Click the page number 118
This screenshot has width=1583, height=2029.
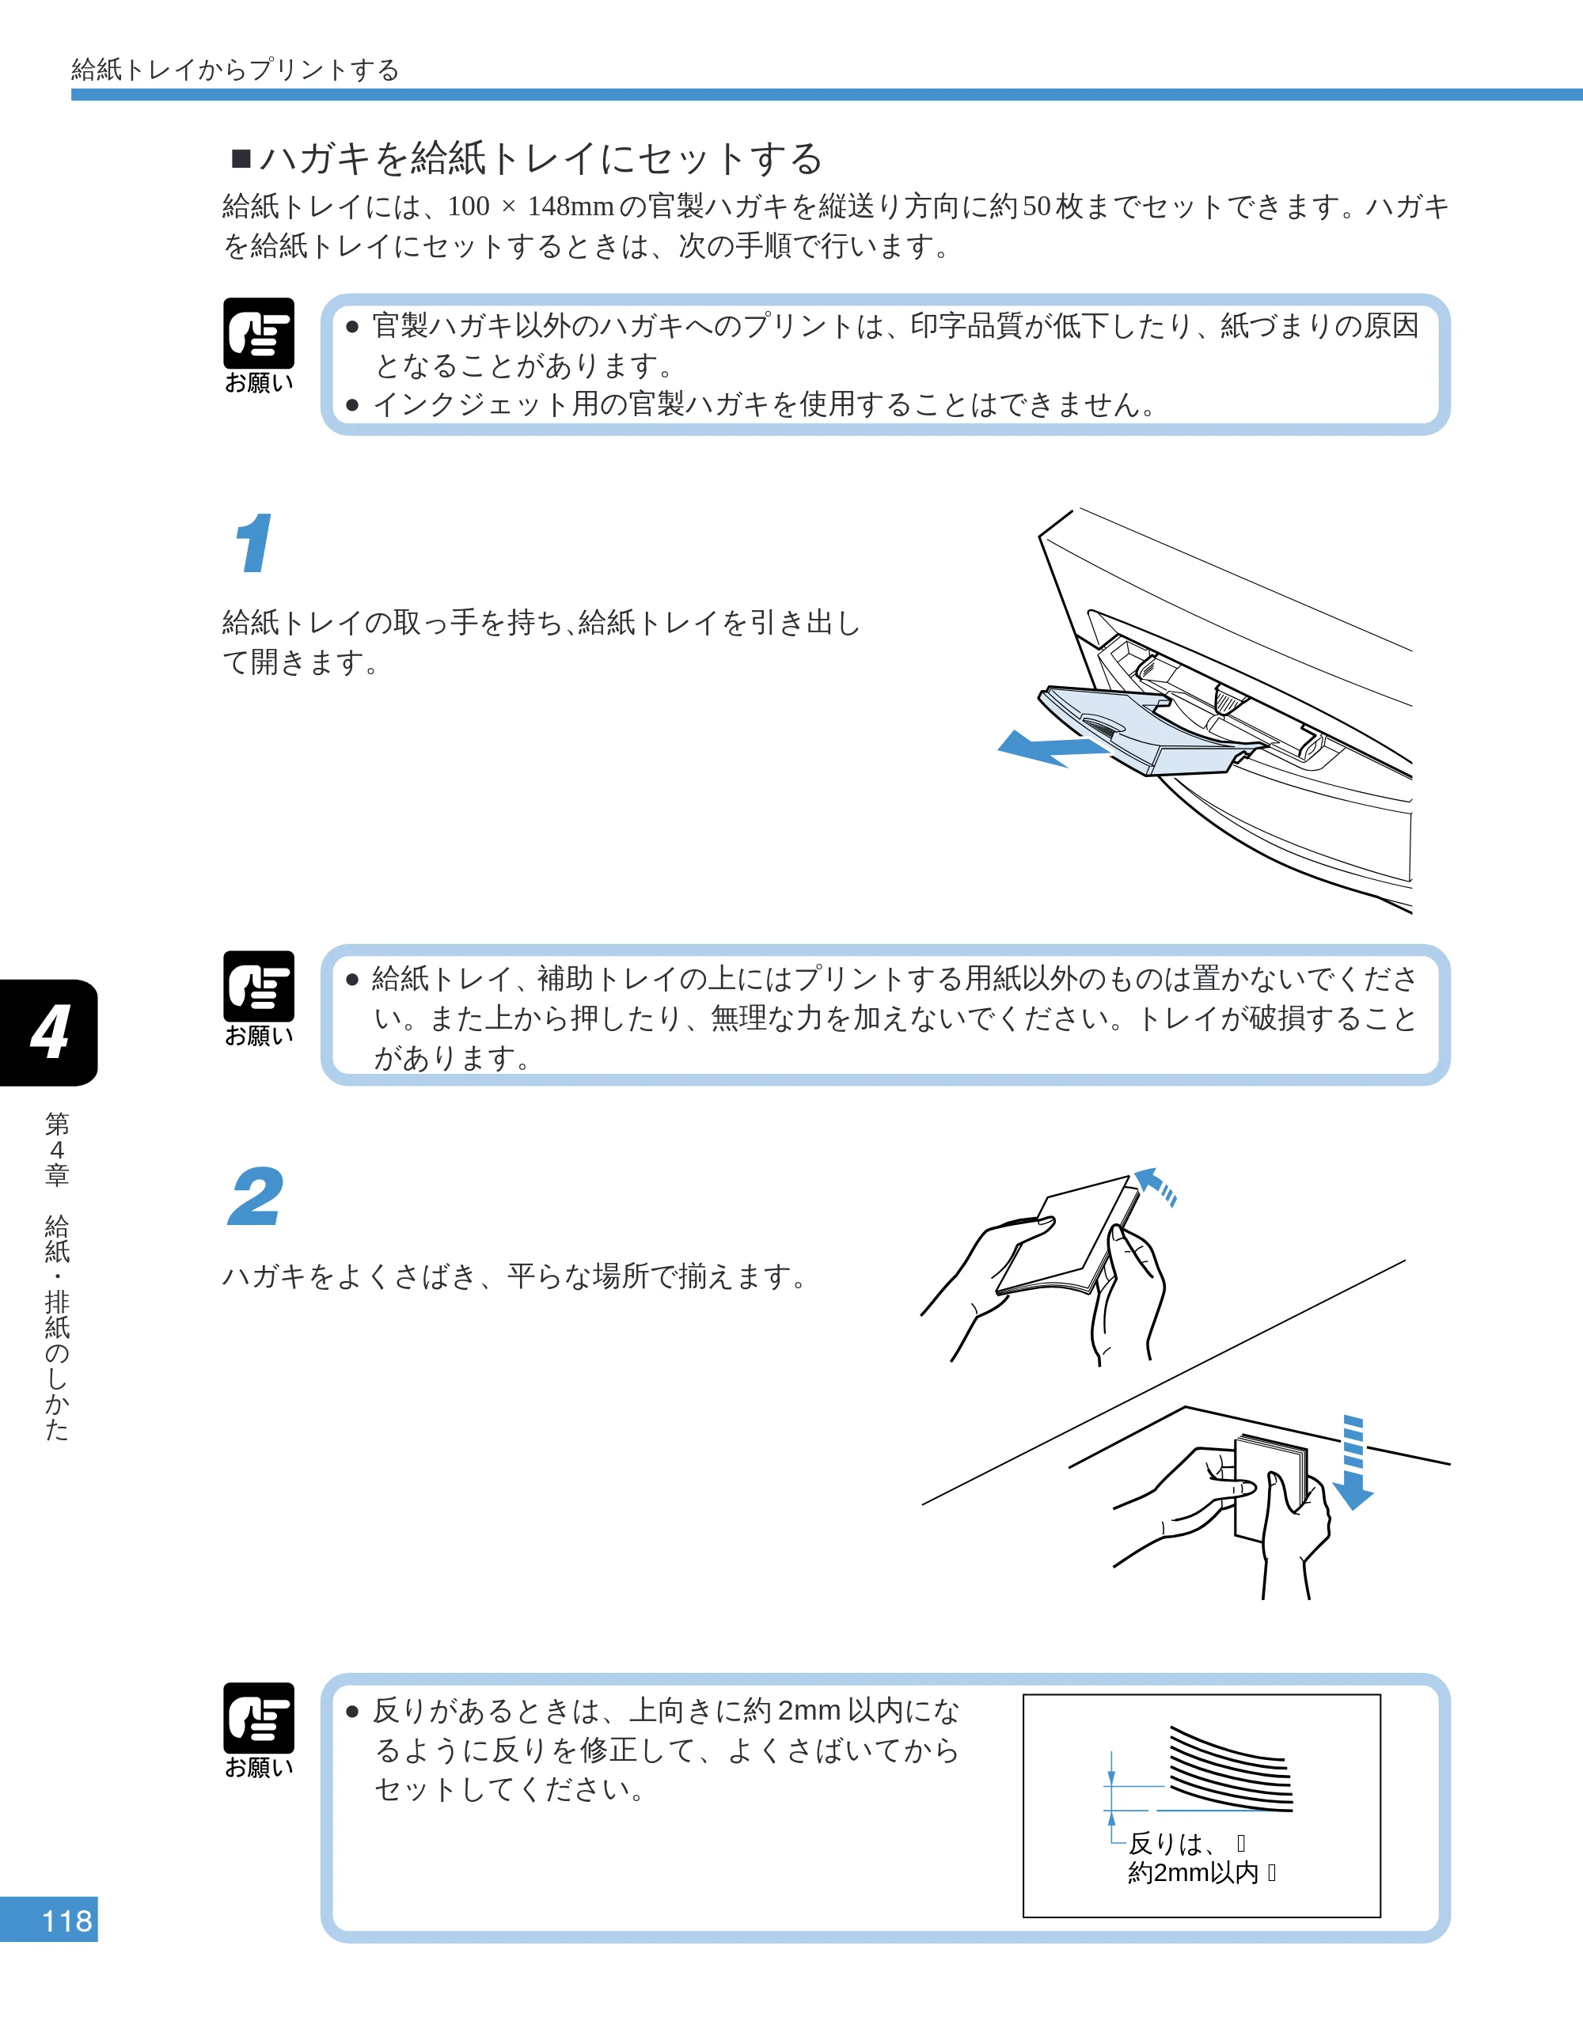pyautogui.click(x=67, y=1921)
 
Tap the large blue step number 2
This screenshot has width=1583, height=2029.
pyautogui.click(x=256, y=1197)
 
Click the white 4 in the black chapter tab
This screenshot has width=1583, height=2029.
pyautogui.click(x=49, y=1032)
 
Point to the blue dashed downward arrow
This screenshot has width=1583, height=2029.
pyautogui.click(x=1353, y=1462)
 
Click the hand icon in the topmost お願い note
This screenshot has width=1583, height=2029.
pyautogui.click(x=258, y=333)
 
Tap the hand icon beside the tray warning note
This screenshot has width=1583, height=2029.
pyautogui.click(x=258, y=986)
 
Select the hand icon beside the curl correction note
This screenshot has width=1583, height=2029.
pyautogui.click(x=258, y=1718)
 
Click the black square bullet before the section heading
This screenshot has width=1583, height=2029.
pyautogui.click(x=241, y=159)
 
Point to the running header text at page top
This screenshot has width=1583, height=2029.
pyautogui.click(x=235, y=70)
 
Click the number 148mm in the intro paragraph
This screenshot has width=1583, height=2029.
pyautogui.click(x=571, y=207)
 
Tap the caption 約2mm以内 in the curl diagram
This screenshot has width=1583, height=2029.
pyautogui.click(x=1193, y=1872)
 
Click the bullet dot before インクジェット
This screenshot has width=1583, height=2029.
pyautogui.click(x=352, y=405)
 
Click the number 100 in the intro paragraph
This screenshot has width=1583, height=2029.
pyautogui.click(x=469, y=207)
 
